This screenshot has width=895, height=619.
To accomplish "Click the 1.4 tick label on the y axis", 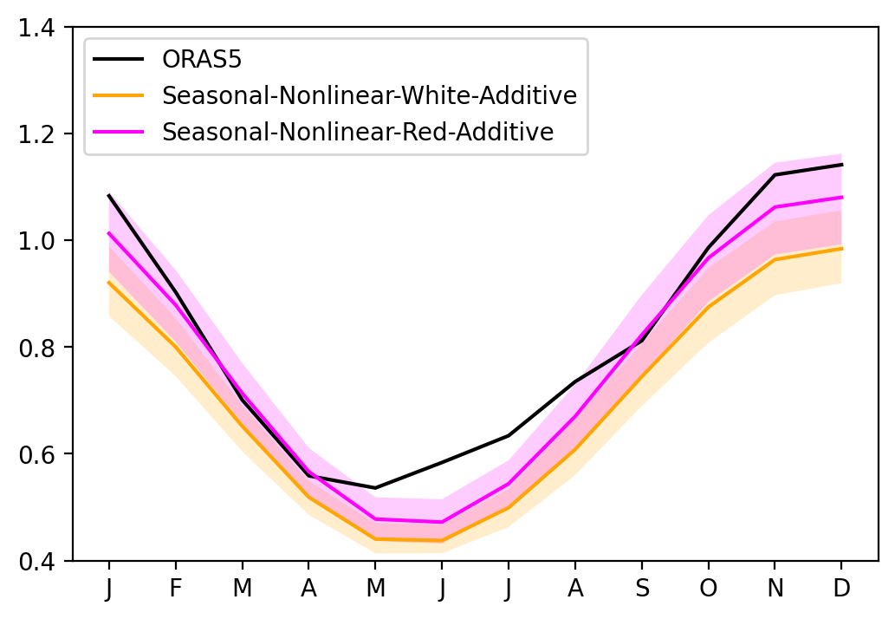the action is tap(36, 28).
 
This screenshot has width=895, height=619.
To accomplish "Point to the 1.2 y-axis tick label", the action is tap(36, 134).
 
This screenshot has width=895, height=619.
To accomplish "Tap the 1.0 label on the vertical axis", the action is tap(36, 240).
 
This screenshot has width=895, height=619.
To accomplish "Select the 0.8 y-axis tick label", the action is tap(36, 347).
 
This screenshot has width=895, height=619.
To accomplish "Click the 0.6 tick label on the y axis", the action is tap(36, 454).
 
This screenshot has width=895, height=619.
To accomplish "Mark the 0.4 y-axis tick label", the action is tap(36, 561).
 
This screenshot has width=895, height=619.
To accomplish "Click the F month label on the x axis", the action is tap(176, 588).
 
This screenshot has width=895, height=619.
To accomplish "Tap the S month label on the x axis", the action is tap(642, 588).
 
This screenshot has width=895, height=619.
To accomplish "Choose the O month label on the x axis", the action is tap(709, 588).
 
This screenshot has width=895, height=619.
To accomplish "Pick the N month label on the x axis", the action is tap(775, 588).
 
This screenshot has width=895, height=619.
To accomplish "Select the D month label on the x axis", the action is tap(842, 588).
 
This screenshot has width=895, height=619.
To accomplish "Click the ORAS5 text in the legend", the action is tap(202, 59).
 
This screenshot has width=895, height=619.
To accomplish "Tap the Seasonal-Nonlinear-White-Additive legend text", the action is tap(369, 95).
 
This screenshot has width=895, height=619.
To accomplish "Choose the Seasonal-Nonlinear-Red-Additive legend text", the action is tap(358, 131).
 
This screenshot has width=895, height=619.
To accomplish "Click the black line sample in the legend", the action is tap(118, 59).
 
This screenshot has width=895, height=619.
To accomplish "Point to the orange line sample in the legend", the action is tap(118, 94).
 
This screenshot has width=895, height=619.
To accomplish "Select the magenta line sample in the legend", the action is tap(118, 131).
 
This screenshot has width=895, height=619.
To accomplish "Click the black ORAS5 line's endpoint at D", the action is tap(842, 165).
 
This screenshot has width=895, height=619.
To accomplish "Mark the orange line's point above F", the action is tap(176, 347).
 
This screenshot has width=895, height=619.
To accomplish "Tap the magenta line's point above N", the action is tap(775, 206).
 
